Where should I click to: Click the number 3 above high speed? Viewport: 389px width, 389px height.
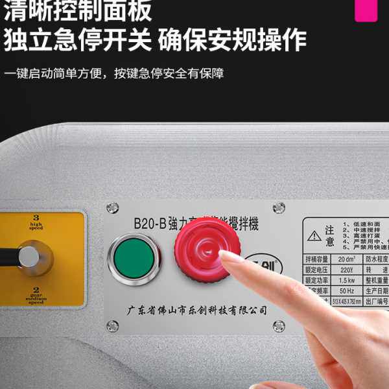point(36,218)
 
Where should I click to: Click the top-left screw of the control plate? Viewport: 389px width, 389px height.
point(113,207)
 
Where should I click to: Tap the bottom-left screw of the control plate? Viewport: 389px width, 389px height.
point(113,325)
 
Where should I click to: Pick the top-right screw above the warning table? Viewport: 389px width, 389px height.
point(279,207)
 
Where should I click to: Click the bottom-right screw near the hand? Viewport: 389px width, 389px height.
point(279,325)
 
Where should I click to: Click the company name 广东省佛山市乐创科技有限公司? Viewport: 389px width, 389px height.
point(196,310)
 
